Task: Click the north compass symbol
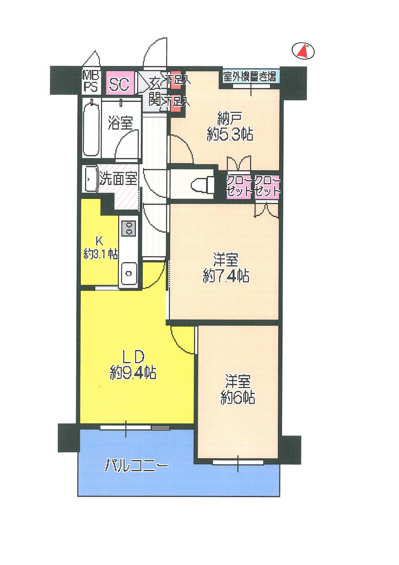pos(304,51)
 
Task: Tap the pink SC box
pos(119,84)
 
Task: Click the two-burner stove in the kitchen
pos(128,228)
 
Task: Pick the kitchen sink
pos(128,273)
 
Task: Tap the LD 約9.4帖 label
pos(133,364)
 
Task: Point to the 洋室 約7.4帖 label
pos(226,269)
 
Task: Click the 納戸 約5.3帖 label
pos(229,127)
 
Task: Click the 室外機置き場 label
pos(250,77)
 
